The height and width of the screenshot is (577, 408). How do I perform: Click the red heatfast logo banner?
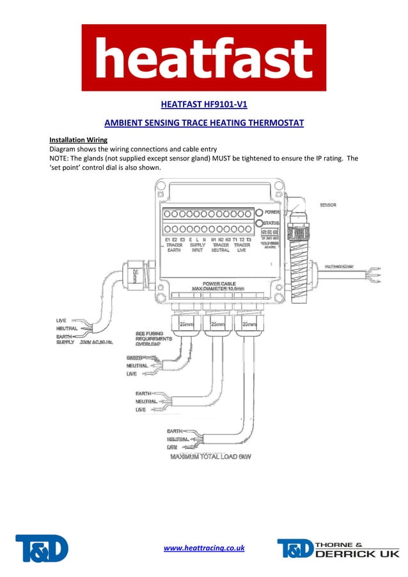[203, 58]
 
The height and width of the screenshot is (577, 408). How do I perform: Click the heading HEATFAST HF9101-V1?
[203, 104]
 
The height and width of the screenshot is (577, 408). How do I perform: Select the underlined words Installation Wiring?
[78, 139]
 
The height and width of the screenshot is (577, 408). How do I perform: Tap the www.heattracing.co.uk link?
[204, 548]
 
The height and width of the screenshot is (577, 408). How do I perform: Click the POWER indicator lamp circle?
[259, 212]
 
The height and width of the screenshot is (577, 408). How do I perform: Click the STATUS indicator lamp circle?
[259, 224]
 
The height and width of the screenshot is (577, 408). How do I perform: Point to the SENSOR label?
[329, 205]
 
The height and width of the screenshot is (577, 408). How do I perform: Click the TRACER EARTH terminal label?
[174, 247]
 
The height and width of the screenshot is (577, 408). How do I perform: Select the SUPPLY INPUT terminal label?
[197, 247]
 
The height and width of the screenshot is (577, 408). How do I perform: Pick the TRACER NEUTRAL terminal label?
[221, 247]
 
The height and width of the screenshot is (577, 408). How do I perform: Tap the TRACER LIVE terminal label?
[242, 247]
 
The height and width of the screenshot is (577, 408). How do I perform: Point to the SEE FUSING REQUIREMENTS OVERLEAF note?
[153, 339]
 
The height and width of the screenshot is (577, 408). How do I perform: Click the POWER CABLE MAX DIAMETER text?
[220, 286]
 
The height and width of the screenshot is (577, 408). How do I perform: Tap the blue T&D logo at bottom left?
[42, 548]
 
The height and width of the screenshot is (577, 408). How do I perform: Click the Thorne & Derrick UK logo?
[338, 548]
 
